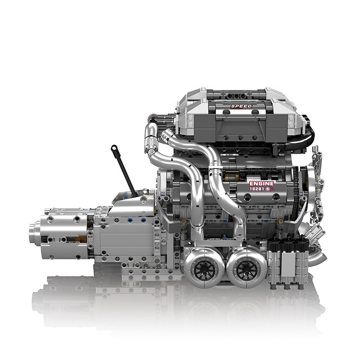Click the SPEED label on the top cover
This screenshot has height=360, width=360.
point(241,106)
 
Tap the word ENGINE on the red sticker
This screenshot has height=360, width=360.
point(261,184)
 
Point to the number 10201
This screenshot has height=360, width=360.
point(256,189)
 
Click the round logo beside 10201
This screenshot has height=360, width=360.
point(268,189)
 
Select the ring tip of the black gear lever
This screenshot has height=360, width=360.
point(114,148)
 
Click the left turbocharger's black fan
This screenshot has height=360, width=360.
point(205,270)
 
